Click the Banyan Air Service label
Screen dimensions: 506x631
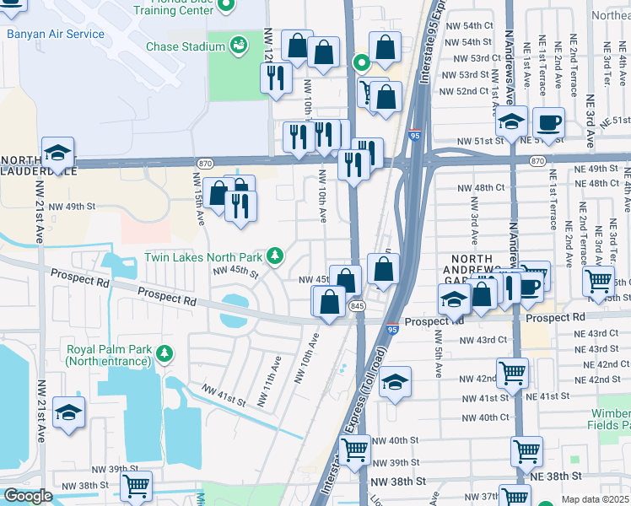[x=56, y=35]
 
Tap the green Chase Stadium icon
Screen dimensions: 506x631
[x=239, y=43]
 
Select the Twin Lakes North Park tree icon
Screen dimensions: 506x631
[x=274, y=256]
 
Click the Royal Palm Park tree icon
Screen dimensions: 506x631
[x=167, y=351]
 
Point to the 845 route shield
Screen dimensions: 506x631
[x=355, y=307]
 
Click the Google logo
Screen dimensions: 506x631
[x=28, y=496]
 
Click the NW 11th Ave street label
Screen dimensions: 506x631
[x=274, y=372]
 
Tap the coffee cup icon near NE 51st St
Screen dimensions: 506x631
[x=548, y=122]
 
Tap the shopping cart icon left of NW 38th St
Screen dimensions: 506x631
[x=136, y=487]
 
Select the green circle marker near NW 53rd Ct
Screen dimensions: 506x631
[x=361, y=62]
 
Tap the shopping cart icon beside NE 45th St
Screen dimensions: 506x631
[x=598, y=281]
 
